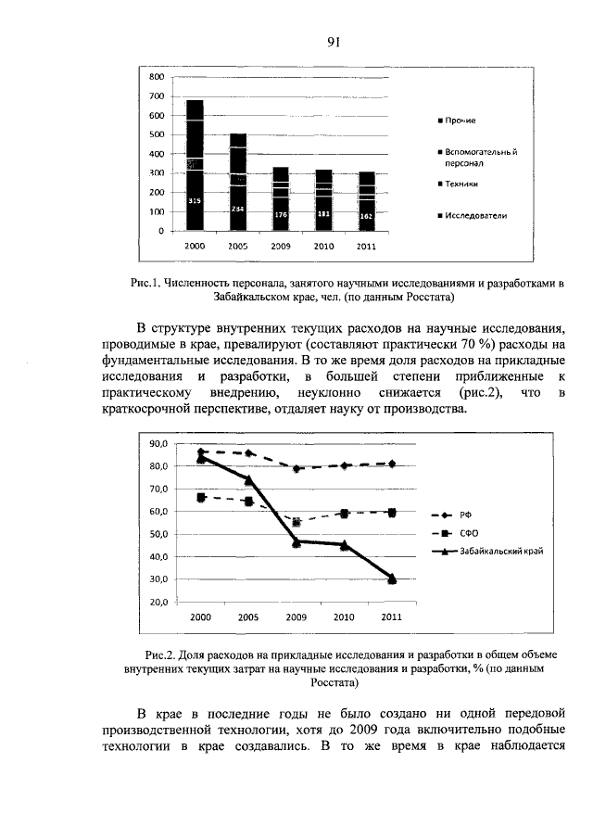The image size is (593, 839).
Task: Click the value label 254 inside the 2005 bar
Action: (x=238, y=210)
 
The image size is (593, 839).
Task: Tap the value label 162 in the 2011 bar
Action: (x=366, y=215)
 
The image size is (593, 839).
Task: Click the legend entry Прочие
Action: (x=460, y=121)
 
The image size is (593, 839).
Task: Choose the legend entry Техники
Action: (x=463, y=184)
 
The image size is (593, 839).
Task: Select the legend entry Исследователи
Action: (x=473, y=216)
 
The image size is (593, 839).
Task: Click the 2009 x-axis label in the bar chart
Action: (x=281, y=247)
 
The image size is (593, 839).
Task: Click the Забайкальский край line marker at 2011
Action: (x=392, y=579)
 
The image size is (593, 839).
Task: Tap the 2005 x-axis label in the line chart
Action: (x=248, y=617)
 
